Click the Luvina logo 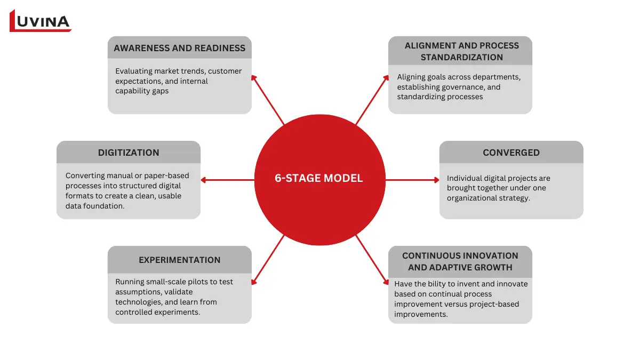tap(40, 21)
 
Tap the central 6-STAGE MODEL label tap(319, 179)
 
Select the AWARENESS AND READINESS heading tap(179, 48)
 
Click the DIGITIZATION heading tap(129, 153)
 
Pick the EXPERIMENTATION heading tap(179, 260)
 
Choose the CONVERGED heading tap(511, 153)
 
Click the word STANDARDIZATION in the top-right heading tap(461, 57)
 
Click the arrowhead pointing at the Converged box tap(436, 180)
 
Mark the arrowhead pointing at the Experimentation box tap(254, 282)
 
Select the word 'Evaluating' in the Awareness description tap(134, 71)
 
